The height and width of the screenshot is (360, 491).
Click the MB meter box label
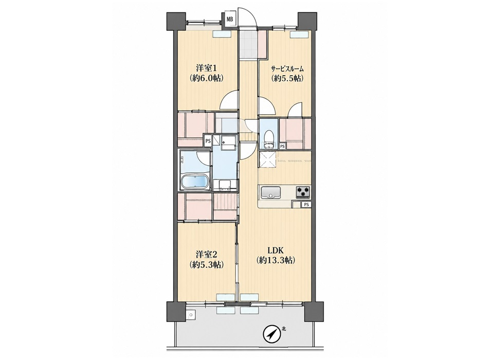click(230, 19)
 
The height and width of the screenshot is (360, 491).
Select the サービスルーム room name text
click(287, 68)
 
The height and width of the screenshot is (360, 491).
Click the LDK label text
click(276, 250)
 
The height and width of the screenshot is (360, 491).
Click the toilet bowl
click(269, 137)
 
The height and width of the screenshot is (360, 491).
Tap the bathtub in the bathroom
click(195, 182)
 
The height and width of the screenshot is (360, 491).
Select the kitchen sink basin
click(271, 192)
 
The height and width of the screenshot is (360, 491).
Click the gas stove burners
click(303, 191)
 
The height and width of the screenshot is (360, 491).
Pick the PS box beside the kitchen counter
click(306, 205)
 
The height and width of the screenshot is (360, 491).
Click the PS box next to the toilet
click(282, 146)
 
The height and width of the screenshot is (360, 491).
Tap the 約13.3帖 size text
click(276, 260)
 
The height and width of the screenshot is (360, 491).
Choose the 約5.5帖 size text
click(287, 78)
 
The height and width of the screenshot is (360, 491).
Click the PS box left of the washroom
click(208, 141)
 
